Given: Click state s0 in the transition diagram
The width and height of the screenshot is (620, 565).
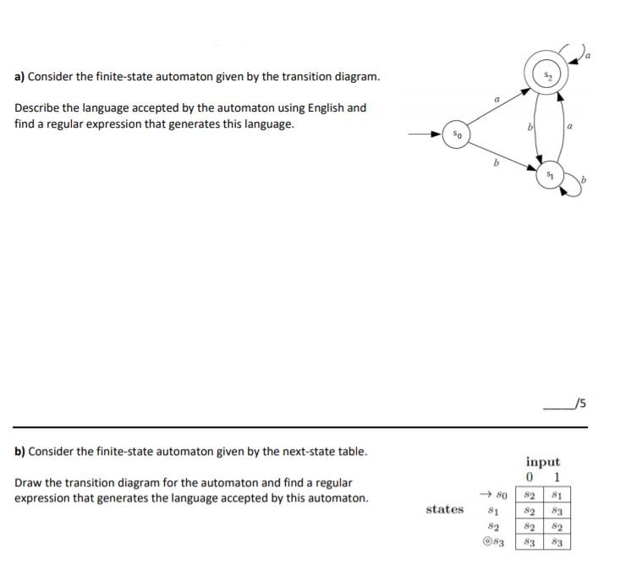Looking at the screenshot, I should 456,134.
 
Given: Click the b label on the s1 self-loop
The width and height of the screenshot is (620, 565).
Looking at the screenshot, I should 584,180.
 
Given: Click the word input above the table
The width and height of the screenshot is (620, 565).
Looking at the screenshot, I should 542,462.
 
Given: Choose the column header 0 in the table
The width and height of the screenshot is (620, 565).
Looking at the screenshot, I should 529,478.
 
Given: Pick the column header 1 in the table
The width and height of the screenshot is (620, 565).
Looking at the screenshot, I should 556,478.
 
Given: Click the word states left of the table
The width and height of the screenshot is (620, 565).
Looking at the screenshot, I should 445,509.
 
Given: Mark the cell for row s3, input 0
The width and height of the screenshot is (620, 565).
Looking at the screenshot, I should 529,541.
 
